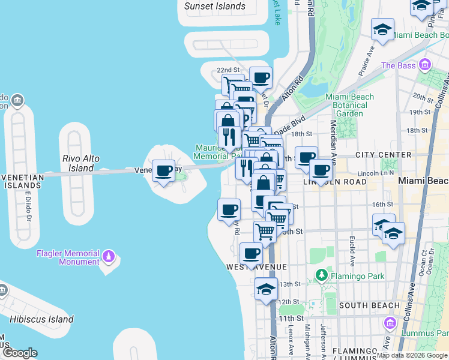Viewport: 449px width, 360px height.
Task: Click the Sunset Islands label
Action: pos(215,6)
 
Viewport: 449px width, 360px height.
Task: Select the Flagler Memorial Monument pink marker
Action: pos(109,257)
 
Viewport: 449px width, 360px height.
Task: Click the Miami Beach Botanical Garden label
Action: pos(349,105)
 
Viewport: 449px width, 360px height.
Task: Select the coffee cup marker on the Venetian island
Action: pos(163,171)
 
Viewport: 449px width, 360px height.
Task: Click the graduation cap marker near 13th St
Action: pos(266,290)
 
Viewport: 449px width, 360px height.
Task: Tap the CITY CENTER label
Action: pos(383,155)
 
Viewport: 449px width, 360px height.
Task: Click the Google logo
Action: pos(19,353)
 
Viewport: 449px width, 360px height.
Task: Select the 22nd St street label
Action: pos(228,71)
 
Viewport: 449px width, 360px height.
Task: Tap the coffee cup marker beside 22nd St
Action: pos(261,77)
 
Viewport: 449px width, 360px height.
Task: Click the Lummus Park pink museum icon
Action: pos(391,323)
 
